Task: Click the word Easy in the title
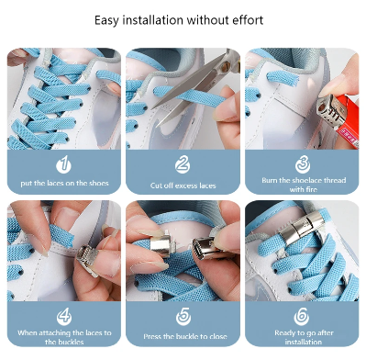(106, 21)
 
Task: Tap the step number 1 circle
(63, 164)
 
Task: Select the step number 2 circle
(183, 164)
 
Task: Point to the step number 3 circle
(303, 164)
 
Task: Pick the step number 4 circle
(64, 317)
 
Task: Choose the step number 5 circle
(183, 317)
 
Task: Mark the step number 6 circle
(302, 317)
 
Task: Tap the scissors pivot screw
(226, 67)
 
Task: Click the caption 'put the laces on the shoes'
(64, 184)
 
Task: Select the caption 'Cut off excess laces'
(183, 186)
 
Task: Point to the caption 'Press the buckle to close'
(185, 336)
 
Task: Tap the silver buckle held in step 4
(87, 259)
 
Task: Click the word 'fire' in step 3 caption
(311, 190)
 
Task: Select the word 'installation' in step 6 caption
(303, 342)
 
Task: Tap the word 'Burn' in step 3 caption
(269, 180)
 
